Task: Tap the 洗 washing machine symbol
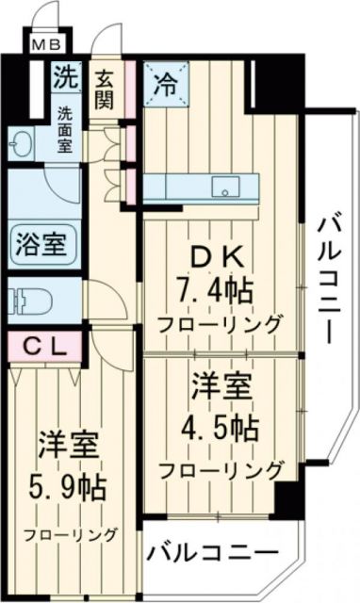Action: coord(64,76)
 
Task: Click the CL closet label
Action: coord(45,347)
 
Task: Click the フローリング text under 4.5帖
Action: coord(222,469)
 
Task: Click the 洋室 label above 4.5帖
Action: coord(221,388)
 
